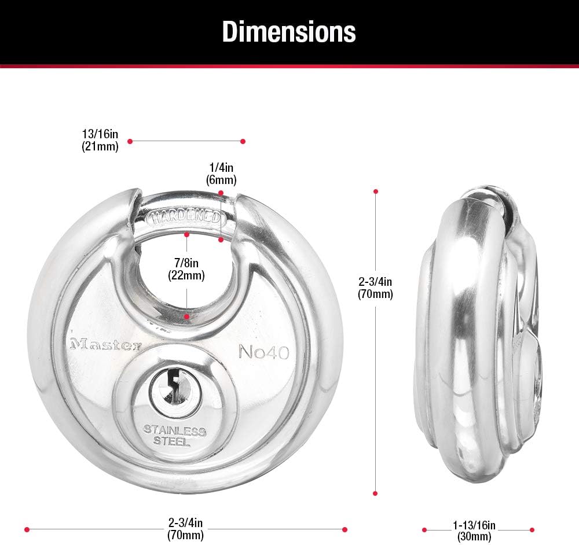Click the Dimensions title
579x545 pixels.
coord(289,32)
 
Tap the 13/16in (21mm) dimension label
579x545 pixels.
coord(100,141)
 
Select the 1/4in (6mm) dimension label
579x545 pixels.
coord(222,173)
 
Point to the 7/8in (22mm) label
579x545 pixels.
coord(186,270)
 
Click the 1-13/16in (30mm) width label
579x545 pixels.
coord(474,531)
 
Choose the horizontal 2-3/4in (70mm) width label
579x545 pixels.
coord(186,530)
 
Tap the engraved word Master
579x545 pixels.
coord(105,345)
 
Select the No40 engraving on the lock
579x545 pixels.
coord(263,352)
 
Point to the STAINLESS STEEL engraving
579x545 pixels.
coord(174,435)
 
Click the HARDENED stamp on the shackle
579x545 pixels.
coord(186,218)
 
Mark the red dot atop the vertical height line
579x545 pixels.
coord(376,191)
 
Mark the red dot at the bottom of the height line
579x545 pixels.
coord(375,494)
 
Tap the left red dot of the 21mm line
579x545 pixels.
coord(130,141)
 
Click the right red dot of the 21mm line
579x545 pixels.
coord(243,141)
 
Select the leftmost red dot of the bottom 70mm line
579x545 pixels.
coord(27,529)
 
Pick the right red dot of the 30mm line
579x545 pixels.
coord(532,529)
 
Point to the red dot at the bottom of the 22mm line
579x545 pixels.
coord(186,317)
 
